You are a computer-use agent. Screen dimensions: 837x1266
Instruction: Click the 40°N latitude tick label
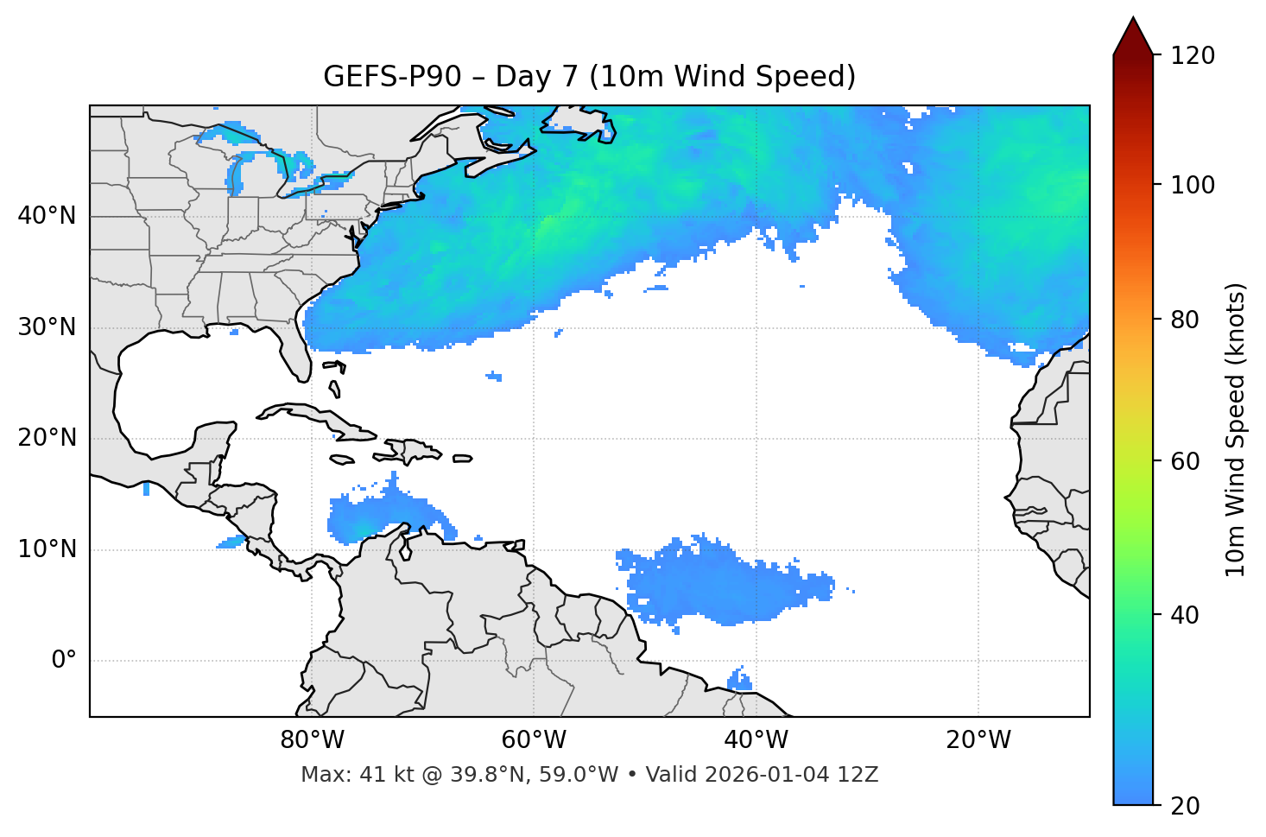tap(47, 216)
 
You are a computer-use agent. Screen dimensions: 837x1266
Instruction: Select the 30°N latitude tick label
tap(47, 327)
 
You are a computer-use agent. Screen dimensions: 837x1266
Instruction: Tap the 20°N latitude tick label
tap(47, 438)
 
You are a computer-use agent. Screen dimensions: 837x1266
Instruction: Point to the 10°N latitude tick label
tap(47, 549)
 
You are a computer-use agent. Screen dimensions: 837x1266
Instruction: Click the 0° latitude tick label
tap(64, 661)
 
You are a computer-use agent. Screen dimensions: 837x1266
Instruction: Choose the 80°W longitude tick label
tap(312, 740)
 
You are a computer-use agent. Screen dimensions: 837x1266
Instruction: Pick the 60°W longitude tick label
tap(534, 740)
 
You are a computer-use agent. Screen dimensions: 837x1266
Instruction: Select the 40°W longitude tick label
tap(756, 740)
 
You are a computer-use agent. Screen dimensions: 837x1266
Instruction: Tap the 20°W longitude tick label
tap(978, 740)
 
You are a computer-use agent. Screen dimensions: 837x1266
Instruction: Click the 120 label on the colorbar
tap(1193, 56)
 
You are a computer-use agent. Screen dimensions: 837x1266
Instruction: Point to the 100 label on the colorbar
tap(1193, 185)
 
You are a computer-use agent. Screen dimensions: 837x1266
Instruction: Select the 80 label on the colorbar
tap(1187, 320)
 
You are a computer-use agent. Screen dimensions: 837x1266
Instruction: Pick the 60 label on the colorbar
tap(1187, 461)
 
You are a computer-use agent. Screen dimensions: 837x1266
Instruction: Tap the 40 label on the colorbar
tap(1187, 615)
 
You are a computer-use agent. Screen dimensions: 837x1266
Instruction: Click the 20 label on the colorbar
tap(1187, 806)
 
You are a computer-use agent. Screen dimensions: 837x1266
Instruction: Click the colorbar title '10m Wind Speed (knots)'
tap(1236, 429)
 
